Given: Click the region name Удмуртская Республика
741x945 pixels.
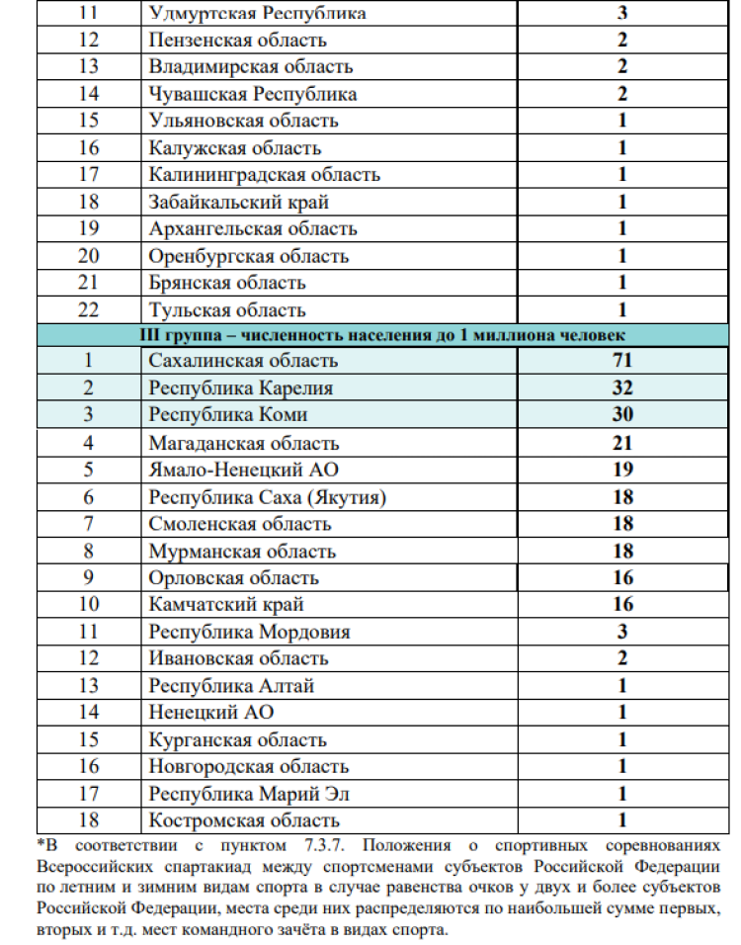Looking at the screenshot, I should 257,13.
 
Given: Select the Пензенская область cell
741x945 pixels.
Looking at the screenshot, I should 237,41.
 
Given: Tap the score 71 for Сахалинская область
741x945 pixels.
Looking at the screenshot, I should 622,361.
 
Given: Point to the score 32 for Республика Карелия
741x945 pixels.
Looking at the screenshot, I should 622,387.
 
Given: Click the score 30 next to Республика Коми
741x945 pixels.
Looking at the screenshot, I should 622,414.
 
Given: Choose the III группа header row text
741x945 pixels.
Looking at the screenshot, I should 382,334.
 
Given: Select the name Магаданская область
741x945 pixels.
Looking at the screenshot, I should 244,443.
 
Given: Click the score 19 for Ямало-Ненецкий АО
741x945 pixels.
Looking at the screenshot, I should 622,470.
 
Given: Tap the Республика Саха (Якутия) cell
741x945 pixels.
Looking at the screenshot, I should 267,497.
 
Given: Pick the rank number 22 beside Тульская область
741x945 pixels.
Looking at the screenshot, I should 88,309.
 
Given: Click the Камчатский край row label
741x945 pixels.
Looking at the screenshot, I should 226,604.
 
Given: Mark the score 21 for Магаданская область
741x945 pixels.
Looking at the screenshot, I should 622,443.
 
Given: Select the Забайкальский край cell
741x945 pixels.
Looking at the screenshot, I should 239,202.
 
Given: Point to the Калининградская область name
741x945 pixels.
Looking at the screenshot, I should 264,175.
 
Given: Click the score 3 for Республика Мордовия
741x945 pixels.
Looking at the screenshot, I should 622,631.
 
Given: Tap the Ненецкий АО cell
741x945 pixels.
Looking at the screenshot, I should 210,712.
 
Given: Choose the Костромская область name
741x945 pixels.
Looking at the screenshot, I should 244,819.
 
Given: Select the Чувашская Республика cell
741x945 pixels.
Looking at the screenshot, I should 253,94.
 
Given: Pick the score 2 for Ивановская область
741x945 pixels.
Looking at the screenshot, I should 622,657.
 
